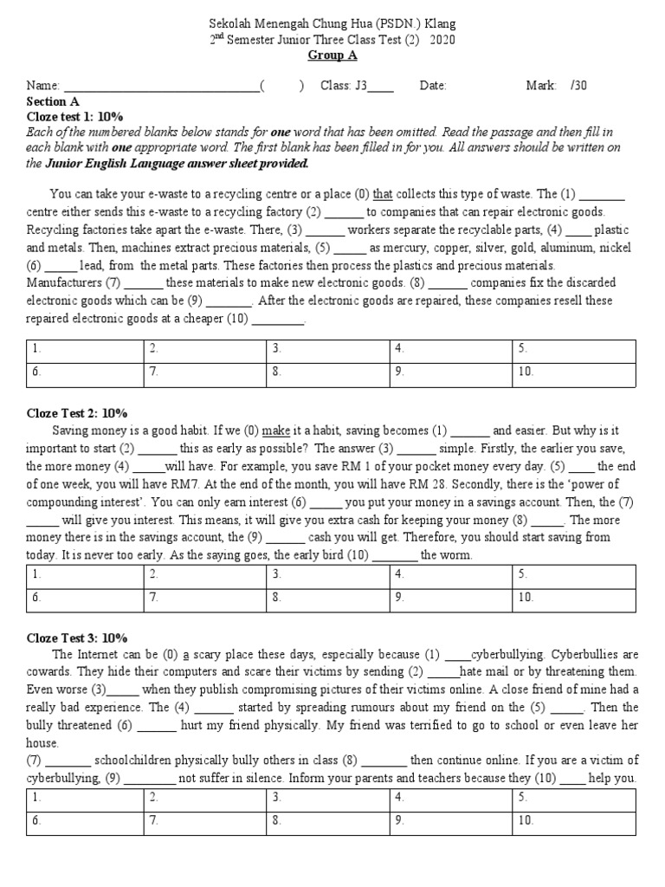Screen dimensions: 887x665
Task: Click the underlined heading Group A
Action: click(332, 55)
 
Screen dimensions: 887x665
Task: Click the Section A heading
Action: click(53, 101)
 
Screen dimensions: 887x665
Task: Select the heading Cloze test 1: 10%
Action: click(75, 116)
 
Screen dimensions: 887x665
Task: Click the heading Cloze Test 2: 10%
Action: click(77, 413)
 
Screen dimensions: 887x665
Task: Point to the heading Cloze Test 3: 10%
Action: click(77, 638)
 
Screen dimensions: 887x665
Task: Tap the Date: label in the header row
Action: click(433, 86)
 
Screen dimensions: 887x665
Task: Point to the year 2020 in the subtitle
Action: click(442, 40)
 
